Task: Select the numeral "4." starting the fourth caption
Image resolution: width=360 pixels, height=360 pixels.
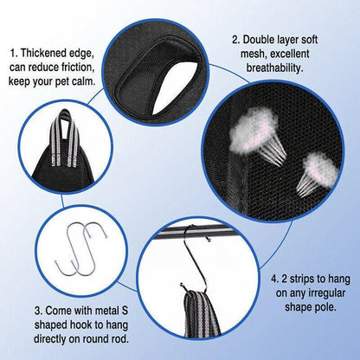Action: point(274,280)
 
